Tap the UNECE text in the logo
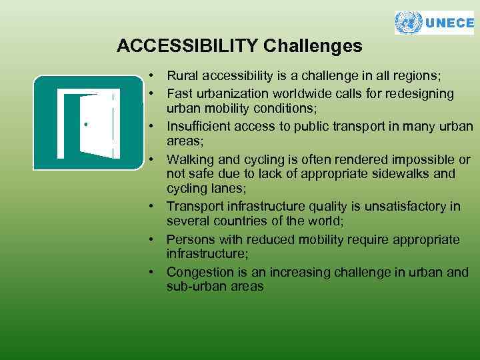[x=449, y=23]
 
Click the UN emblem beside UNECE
[x=409, y=23]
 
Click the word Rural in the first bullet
[x=181, y=77]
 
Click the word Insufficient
[x=199, y=127]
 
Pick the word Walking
[x=189, y=160]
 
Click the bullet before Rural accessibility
[x=153, y=77]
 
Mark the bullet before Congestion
[x=153, y=272]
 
